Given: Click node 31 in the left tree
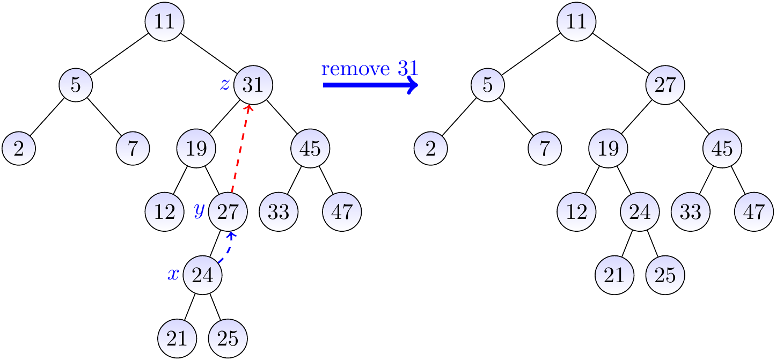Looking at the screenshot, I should (253, 84).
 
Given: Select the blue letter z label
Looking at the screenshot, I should (225, 84).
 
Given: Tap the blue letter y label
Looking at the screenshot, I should (199, 211).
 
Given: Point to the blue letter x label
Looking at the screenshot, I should (173, 275).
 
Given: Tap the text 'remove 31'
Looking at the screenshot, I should (369, 69).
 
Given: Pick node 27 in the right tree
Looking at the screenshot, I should (665, 84).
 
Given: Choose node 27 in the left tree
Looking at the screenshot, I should (228, 212).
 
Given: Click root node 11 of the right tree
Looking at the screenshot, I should (576, 21).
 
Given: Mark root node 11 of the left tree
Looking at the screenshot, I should (164, 21).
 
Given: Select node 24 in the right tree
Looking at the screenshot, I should (640, 212).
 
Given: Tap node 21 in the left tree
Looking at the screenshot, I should (177, 339).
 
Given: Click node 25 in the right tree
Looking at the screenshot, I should (665, 275).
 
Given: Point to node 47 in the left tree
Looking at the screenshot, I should (342, 212).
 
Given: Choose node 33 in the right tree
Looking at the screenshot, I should (690, 212).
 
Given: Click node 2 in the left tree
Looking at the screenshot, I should (19, 148).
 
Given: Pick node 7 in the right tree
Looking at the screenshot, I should (545, 148).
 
